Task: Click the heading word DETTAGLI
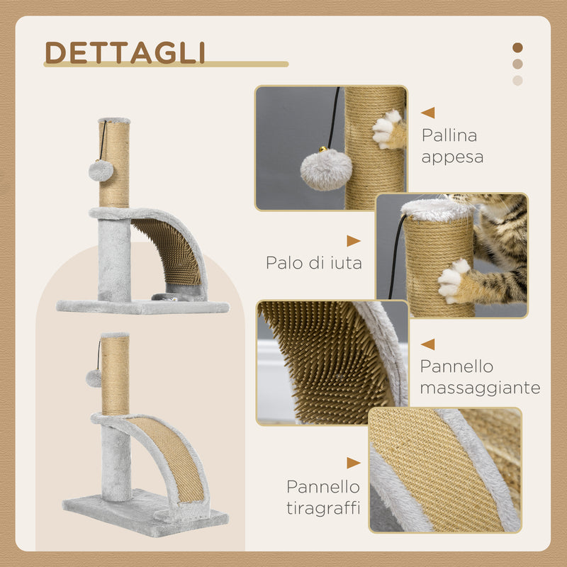click(x=125, y=52)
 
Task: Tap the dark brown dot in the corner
click(x=517, y=47)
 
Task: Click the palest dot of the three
click(x=517, y=80)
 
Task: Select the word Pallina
click(x=449, y=135)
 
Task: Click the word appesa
click(x=452, y=157)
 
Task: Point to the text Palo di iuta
click(x=314, y=263)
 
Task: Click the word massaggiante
click(x=480, y=388)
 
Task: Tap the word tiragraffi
click(x=323, y=508)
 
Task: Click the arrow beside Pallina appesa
click(x=427, y=112)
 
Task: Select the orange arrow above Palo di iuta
click(x=353, y=241)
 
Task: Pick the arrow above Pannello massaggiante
click(x=427, y=344)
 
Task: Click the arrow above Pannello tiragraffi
click(x=353, y=463)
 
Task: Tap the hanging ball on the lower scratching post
click(x=94, y=378)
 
